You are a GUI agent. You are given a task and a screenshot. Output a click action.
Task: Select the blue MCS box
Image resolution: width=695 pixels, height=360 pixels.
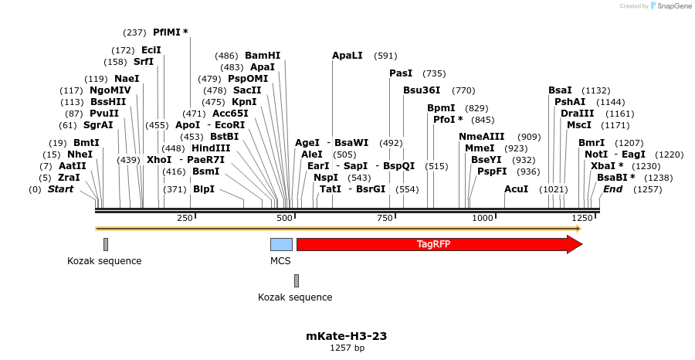(281, 244)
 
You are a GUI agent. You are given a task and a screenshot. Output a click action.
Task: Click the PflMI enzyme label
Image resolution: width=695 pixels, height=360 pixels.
(170, 32)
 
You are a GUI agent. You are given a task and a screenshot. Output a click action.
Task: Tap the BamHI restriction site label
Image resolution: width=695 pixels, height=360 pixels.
(263, 56)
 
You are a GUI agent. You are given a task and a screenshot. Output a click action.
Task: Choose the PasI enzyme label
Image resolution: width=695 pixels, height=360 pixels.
(401, 73)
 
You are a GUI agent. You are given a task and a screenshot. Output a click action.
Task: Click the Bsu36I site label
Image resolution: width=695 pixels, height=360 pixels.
(422, 90)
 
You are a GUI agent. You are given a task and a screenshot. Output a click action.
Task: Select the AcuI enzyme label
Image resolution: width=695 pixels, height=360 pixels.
(517, 189)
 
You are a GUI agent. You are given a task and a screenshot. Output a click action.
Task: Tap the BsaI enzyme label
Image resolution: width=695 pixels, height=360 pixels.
(560, 90)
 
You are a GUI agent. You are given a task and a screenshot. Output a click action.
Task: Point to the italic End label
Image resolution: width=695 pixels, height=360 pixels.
(612, 189)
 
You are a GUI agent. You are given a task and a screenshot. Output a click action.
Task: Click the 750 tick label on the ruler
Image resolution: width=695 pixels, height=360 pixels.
(384, 219)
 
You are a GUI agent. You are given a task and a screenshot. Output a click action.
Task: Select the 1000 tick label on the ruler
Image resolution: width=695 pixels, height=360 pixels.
(482, 219)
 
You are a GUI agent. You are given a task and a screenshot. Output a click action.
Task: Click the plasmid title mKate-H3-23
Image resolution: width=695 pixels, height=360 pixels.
(347, 336)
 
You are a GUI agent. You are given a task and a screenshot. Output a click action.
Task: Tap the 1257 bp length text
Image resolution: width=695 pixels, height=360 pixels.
(347, 348)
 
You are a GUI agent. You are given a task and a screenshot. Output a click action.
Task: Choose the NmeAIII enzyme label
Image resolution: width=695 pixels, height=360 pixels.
(481, 137)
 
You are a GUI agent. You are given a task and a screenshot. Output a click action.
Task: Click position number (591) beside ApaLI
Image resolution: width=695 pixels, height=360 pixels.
(385, 56)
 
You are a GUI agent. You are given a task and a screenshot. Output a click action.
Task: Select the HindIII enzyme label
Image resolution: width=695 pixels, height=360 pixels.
(211, 148)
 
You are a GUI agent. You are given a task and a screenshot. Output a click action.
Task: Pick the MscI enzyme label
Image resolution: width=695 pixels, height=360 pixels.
(578, 125)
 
